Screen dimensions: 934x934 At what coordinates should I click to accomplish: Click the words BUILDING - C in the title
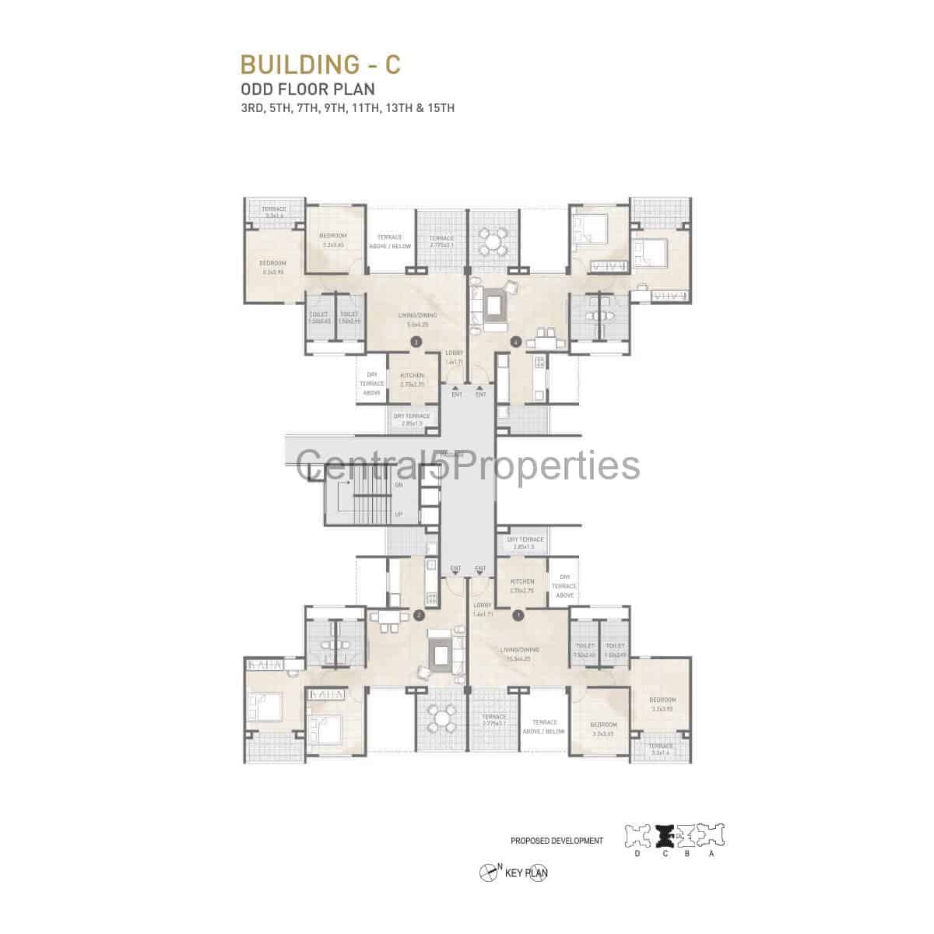[321, 65]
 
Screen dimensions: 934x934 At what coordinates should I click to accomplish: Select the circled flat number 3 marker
[416, 342]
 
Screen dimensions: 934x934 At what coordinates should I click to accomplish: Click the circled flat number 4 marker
[514, 342]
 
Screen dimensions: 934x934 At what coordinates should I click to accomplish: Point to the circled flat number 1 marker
[518, 615]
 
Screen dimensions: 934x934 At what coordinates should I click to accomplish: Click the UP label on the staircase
[399, 515]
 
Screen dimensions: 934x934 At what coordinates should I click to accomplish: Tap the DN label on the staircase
[399, 485]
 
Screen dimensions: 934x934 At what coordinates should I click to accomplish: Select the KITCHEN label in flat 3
[412, 374]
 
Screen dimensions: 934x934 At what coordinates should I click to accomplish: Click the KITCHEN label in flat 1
[522, 581]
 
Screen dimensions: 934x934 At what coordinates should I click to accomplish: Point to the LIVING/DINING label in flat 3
[417, 315]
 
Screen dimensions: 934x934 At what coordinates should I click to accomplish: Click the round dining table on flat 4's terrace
[492, 241]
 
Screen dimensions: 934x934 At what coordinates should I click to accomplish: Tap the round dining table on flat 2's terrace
[442, 718]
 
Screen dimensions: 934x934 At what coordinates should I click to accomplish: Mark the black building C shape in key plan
[665, 835]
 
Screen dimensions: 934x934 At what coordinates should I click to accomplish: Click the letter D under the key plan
[637, 855]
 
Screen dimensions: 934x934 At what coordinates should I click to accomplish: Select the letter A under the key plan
[715, 855]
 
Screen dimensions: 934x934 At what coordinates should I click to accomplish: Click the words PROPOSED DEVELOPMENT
[557, 841]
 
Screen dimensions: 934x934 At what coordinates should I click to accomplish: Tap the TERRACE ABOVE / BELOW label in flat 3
[390, 241]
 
